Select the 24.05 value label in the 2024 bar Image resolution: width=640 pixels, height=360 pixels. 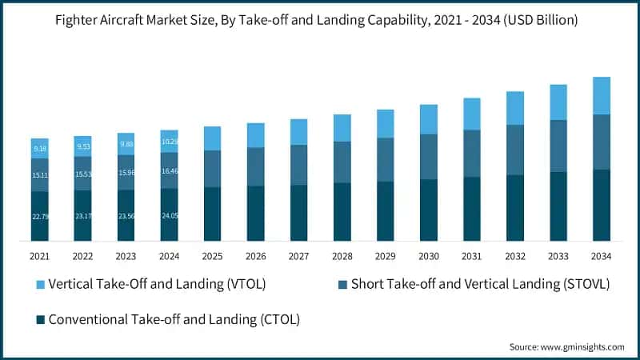pos(170,214)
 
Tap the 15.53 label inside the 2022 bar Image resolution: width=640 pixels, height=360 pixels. pos(83,174)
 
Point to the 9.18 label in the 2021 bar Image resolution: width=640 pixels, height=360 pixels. pos(40,148)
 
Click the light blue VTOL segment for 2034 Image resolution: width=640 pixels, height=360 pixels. pos(601,96)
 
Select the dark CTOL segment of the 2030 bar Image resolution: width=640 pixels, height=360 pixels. pos(428,210)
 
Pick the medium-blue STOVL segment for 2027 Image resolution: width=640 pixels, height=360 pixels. pos(298,165)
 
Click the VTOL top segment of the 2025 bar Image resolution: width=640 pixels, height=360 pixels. pos(212,138)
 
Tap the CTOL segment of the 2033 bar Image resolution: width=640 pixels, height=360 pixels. pos(558,206)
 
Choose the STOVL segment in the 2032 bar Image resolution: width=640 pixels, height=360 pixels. pos(514,150)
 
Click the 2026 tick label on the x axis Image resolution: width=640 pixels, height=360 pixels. pos(255,255)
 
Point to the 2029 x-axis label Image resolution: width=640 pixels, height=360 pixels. pos(385,255)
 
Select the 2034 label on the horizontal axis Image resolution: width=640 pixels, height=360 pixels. pos(601,255)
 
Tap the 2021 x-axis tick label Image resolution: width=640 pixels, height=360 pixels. pos(40,255)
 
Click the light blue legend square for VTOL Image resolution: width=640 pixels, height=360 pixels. pos(38,285)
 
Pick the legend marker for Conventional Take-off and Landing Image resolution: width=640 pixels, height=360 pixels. pos(38,319)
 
